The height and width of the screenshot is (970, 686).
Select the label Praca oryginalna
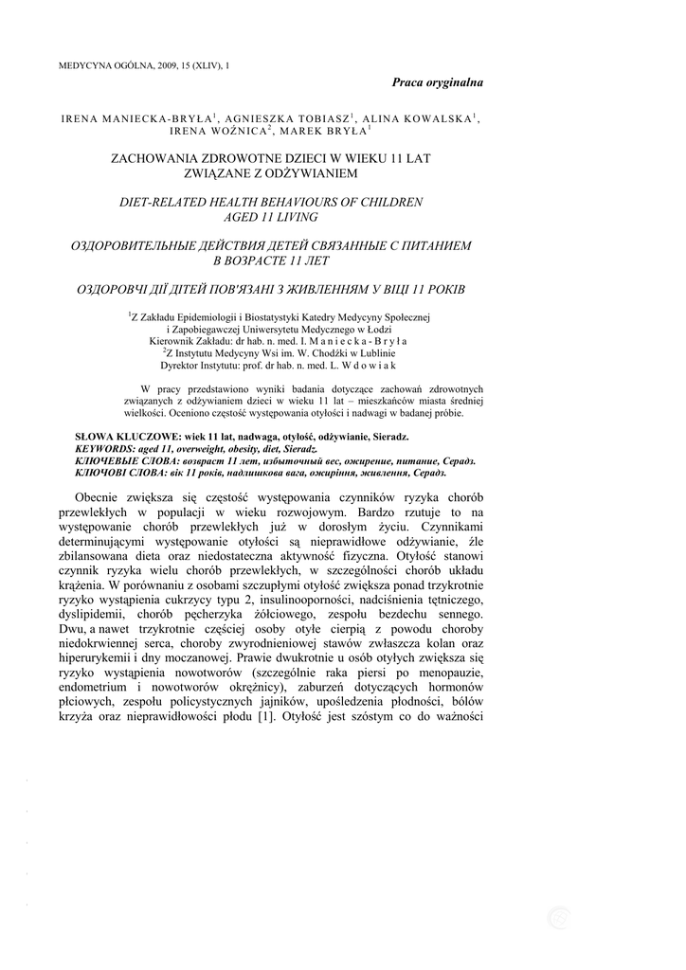coord(438,82)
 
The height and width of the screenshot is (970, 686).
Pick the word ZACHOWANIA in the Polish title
coord(153,158)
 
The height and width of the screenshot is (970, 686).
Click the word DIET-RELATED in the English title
coord(159,202)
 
